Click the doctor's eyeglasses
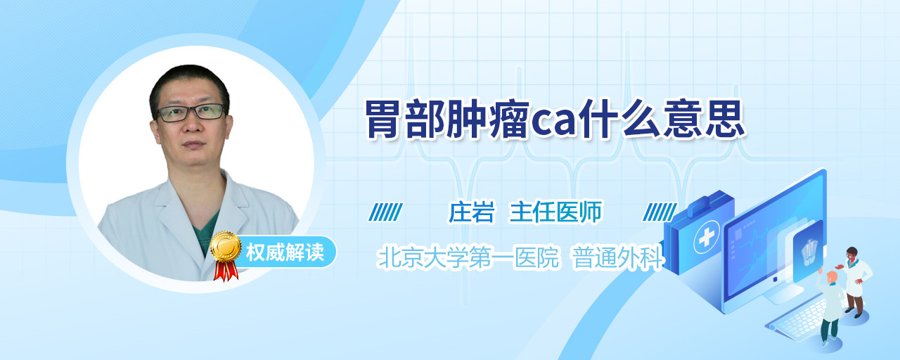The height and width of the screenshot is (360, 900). pyautogui.click(x=191, y=112)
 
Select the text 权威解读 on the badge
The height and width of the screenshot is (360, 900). pyautogui.click(x=285, y=252)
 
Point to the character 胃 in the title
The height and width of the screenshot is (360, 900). pyautogui.click(x=384, y=119)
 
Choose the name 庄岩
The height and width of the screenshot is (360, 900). pyautogui.click(x=471, y=212)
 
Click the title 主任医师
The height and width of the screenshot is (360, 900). pyautogui.click(x=555, y=212)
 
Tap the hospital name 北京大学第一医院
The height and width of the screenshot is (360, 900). pyautogui.click(x=468, y=257)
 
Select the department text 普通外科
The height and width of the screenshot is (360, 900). pyautogui.click(x=617, y=257)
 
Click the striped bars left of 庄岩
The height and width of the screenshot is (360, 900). pyautogui.click(x=385, y=212)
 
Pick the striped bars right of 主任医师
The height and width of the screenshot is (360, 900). pyautogui.click(x=660, y=212)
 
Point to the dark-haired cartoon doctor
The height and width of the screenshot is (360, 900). pyautogui.click(x=854, y=282)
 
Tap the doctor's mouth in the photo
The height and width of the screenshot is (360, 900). pyautogui.click(x=193, y=144)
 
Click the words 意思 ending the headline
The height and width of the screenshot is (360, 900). pyautogui.click(x=705, y=119)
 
